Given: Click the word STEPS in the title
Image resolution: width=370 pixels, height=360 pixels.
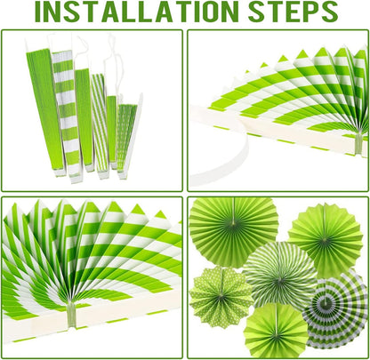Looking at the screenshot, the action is click(x=294, y=12).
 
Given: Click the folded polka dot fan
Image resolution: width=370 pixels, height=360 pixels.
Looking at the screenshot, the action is click(x=128, y=140).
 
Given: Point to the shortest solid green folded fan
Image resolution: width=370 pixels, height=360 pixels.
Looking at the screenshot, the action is click(x=112, y=132).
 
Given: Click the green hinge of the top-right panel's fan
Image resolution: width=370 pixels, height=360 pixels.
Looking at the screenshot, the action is click(x=358, y=143).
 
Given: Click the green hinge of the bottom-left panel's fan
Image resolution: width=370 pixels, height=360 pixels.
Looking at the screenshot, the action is click(x=71, y=314).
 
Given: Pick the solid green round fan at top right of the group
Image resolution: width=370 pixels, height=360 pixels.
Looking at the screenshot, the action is click(x=326, y=240).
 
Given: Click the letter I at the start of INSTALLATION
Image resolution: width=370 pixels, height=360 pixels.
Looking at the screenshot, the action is click(x=38, y=12).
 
